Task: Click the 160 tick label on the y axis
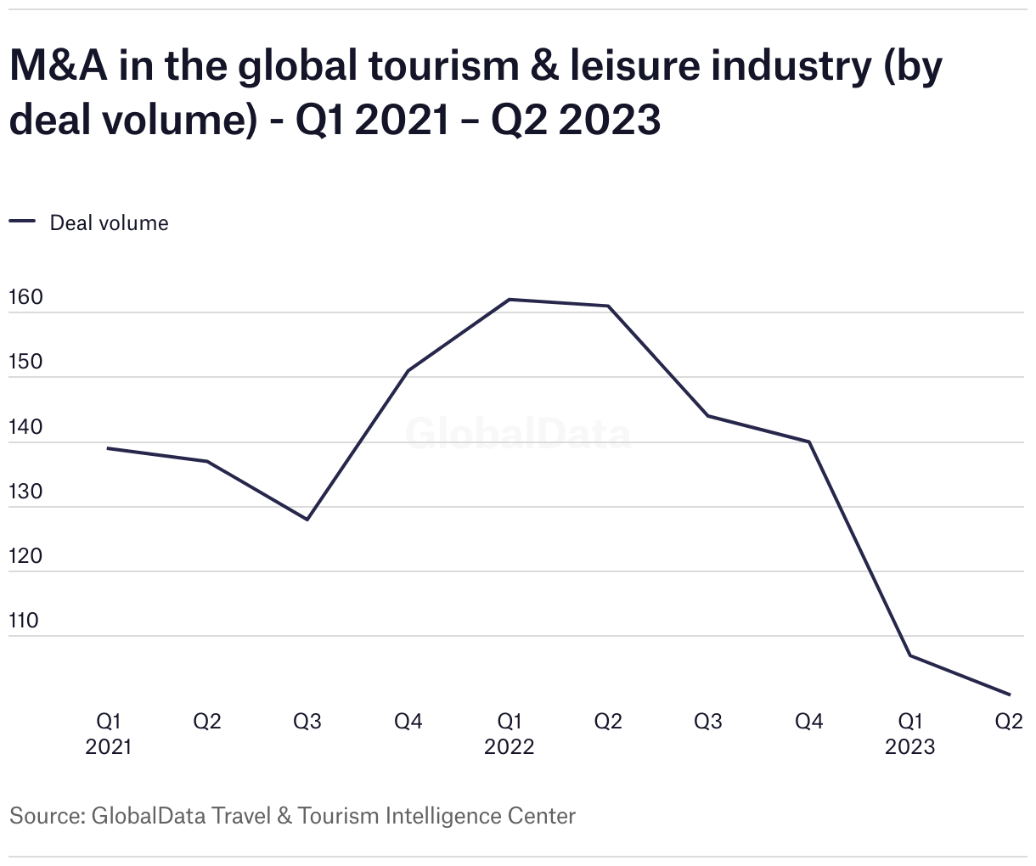tap(25, 298)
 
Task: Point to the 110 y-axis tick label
tap(24, 621)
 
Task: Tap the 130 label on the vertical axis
tap(25, 492)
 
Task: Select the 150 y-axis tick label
tap(25, 363)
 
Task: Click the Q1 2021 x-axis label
tap(109, 734)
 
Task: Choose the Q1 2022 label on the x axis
tap(510, 734)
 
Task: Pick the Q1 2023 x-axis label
tap(909, 734)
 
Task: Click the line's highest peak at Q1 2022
tap(509, 300)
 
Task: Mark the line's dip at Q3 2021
tap(307, 520)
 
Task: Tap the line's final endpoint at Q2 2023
tap(1009, 694)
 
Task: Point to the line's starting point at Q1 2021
tap(108, 448)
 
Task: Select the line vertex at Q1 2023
tap(909, 655)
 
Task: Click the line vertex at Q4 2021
tap(408, 371)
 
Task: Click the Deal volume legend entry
tap(109, 222)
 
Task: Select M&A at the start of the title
tap(58, 66)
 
